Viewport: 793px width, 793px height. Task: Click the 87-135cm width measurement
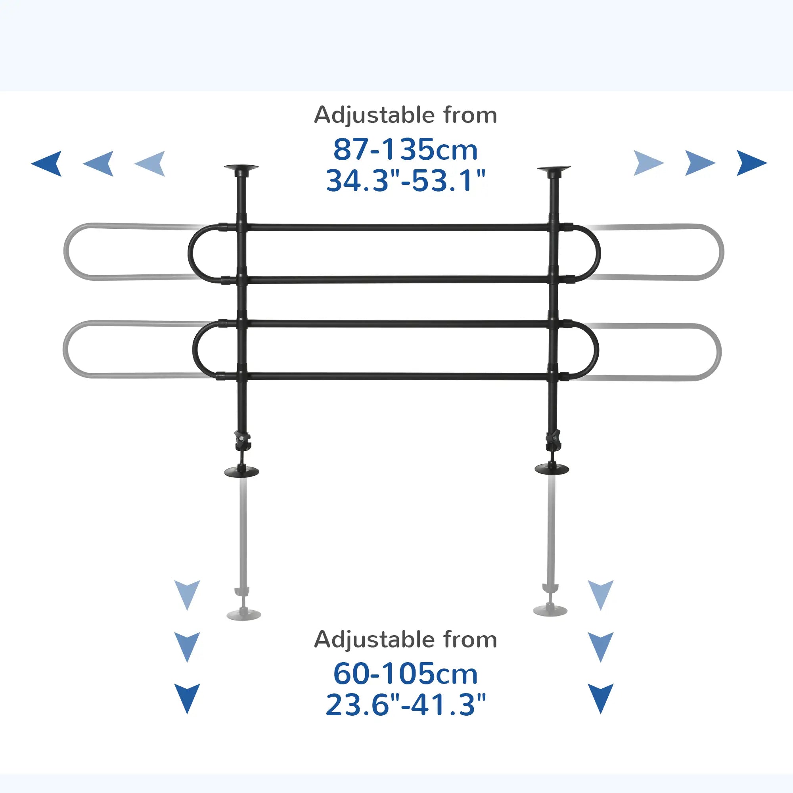pos(405,150)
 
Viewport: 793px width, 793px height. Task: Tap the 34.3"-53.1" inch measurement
pos(405,181)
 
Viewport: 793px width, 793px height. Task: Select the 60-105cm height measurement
pos(405,674)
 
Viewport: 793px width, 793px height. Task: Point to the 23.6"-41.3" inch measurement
pos(405,705)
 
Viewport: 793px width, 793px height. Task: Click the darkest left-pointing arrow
pos(48,163)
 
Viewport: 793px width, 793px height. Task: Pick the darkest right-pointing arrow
pos(751,163)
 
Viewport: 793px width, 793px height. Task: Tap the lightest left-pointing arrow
pos(151,163)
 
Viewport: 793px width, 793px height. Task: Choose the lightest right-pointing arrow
pos(648,163)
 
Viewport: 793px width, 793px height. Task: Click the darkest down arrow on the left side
pos(187,697)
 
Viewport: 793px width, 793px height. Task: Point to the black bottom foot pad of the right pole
pos(552,469)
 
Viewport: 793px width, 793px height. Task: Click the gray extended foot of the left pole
pos(244,614)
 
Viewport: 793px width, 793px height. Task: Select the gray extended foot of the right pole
pos(550,610)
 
